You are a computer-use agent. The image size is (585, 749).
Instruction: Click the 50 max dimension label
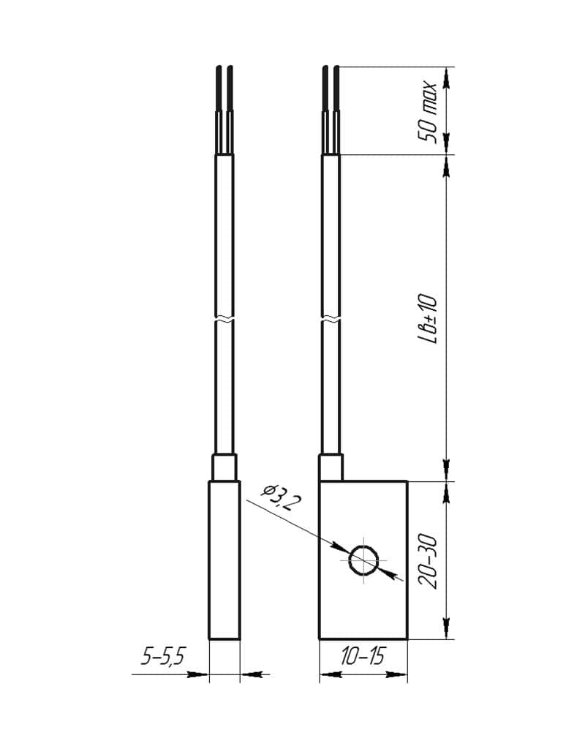pos(427,113)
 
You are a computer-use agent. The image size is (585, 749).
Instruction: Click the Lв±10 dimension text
pos(427,319)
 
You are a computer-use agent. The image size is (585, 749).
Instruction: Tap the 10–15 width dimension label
pos(363,657)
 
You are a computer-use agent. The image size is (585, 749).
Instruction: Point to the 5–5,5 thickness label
pos(163,658)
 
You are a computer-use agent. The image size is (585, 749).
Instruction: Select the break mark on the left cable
pos(224,319)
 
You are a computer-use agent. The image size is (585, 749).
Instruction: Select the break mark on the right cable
pos(331,319)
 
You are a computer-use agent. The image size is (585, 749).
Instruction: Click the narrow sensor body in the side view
pos(224,560)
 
